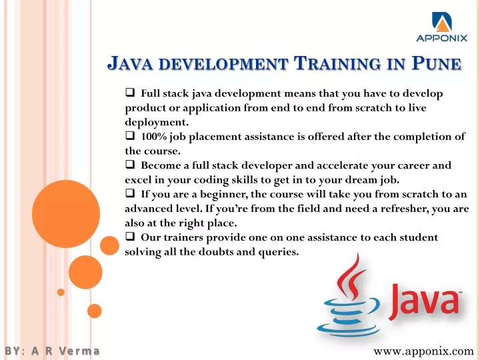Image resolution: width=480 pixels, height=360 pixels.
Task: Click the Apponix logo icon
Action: (x=442, y=22)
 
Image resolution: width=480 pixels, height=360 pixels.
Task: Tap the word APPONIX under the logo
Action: (x=442, y=38)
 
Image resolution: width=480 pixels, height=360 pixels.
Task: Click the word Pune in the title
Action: (x=437, y=63)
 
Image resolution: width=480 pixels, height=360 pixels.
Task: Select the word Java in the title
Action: (x=130, y=63)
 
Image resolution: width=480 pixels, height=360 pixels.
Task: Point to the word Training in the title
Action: (x=337, y=63)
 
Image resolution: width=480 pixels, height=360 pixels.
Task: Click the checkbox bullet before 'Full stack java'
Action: (x=130, y=92)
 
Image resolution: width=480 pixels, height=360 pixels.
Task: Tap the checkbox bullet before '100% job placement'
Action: (x=130, y=135)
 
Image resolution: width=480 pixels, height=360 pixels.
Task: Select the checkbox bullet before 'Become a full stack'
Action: (x=130, y=164)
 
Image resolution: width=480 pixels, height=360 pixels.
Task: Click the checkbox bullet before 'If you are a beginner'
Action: (x=130, y=193)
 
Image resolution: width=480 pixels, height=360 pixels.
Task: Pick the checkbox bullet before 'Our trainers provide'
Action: (x=130, y=236)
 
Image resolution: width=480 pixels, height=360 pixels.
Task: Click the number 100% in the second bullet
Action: (x=154, y=136)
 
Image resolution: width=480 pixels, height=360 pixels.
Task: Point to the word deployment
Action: (x=157, y=123)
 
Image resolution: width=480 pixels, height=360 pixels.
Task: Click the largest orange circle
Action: (x=66, y=214)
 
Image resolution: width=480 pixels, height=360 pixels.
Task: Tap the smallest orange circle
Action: (x=61, y=292)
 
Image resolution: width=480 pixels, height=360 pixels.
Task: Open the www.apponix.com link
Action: (x=423, y=351)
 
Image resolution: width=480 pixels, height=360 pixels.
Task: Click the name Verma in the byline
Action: (x=79, y=351)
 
